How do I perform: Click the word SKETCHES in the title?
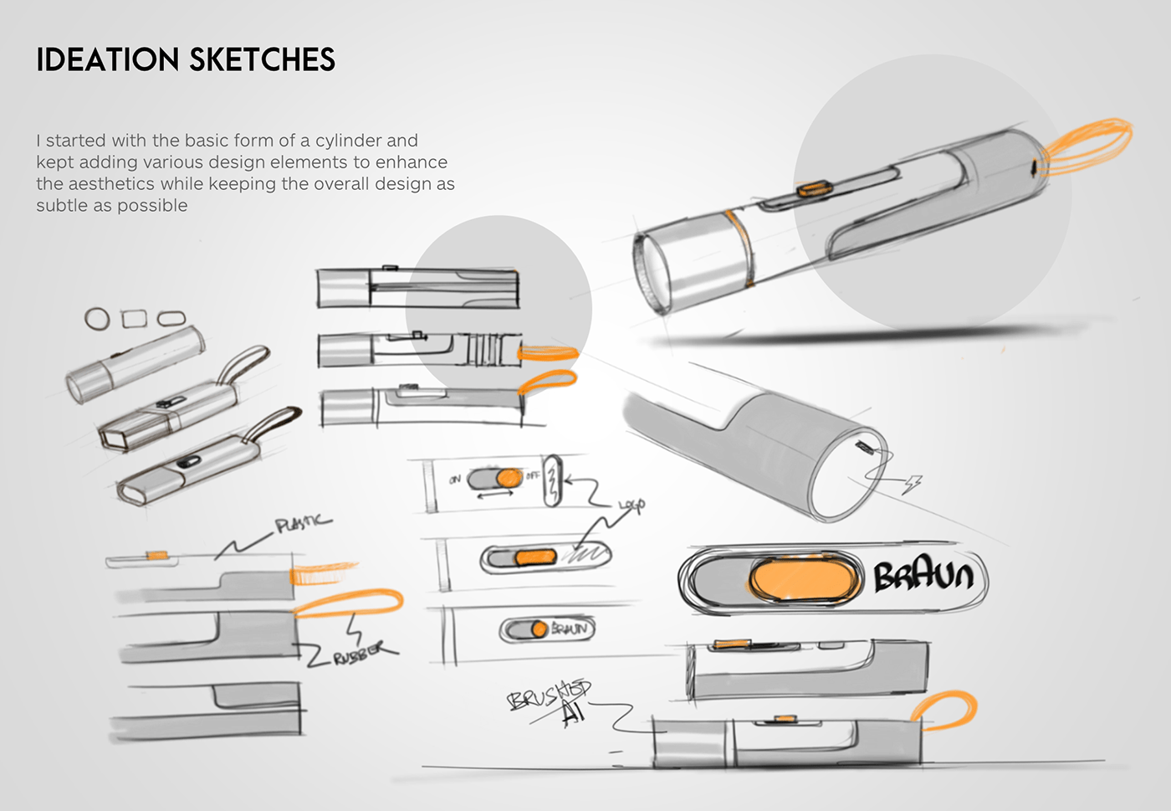pos(262,60)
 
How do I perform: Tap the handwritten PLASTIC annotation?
pos(303,524)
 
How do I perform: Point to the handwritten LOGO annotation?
pos(632,506)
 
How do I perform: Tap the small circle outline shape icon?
pos(97,319)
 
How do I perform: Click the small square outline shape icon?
pos(134,319)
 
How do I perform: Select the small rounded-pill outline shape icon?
pos(171,319)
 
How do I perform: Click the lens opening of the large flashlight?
pos(652,272)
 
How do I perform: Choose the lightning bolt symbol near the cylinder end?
pos(913,484)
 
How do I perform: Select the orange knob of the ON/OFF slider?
pos(508,479)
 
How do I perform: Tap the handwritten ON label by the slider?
pos(455,480)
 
